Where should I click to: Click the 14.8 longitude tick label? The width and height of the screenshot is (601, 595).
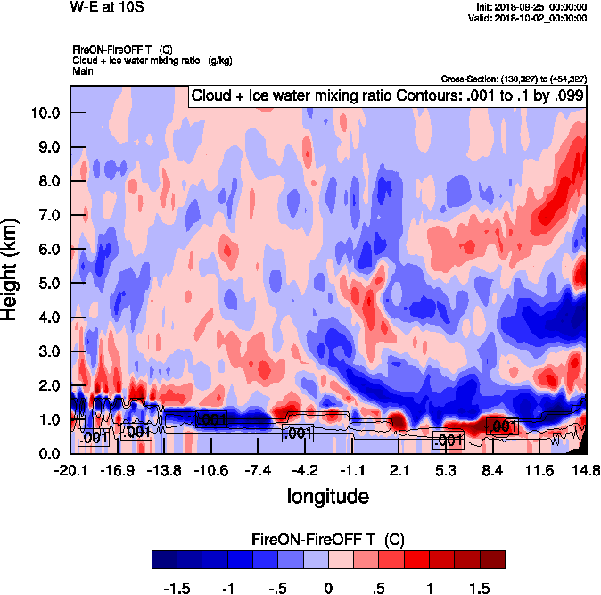coord(584,470)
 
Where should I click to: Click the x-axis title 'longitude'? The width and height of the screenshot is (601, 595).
coord(328,495)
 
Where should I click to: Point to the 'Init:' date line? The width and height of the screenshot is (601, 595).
coord(532,7)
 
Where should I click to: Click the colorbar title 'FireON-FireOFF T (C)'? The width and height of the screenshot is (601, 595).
coord(328,540)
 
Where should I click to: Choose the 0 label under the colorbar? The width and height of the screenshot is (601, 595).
coord(328,589)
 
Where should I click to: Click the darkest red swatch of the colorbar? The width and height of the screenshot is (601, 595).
coord(492,559)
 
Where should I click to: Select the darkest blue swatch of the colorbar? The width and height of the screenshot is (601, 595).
coord(164,559)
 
